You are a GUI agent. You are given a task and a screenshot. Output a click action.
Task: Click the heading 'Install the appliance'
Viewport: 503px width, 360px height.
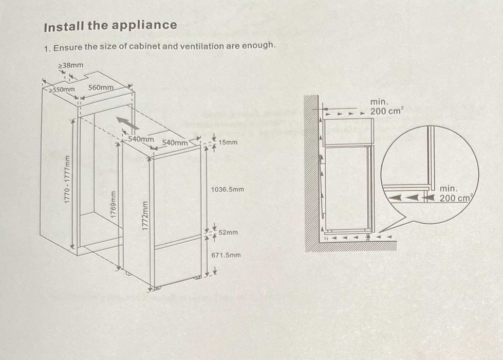(110, 26)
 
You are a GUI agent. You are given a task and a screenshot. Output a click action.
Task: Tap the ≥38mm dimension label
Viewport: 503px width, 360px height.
(71, 65)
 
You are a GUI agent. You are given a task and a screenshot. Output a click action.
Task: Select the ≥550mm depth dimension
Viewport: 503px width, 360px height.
(62, 89)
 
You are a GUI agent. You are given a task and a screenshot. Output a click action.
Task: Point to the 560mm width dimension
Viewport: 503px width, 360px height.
(101, 87)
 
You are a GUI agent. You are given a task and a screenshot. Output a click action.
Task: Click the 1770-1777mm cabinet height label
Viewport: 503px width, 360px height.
(67, 179)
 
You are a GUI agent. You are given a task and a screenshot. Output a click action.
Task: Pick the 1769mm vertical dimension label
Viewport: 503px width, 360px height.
(113, 205)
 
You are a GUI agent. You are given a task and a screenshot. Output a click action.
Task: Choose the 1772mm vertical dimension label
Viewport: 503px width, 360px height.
(145, 216)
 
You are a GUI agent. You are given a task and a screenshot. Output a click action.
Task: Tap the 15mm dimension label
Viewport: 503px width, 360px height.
(228, 142)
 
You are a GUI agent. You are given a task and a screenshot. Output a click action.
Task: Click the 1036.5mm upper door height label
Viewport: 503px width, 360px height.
(228, 189)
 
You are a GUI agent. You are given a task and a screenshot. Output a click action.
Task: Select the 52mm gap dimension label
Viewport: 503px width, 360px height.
(228, 232)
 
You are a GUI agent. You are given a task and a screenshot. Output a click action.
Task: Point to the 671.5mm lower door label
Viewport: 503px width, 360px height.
(226, 255)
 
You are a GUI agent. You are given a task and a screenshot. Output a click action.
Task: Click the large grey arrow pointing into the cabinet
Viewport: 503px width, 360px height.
(127, 123)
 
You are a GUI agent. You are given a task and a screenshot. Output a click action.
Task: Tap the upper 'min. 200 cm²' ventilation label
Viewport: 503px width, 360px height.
(386, 106)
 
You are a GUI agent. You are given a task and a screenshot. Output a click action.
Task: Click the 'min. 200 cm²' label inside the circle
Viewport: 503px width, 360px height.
(456, 194)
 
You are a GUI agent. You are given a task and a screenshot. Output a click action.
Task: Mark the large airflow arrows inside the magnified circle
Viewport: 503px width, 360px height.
(411, 197)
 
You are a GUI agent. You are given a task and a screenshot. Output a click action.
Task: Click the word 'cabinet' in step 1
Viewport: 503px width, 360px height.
(144, 47)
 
